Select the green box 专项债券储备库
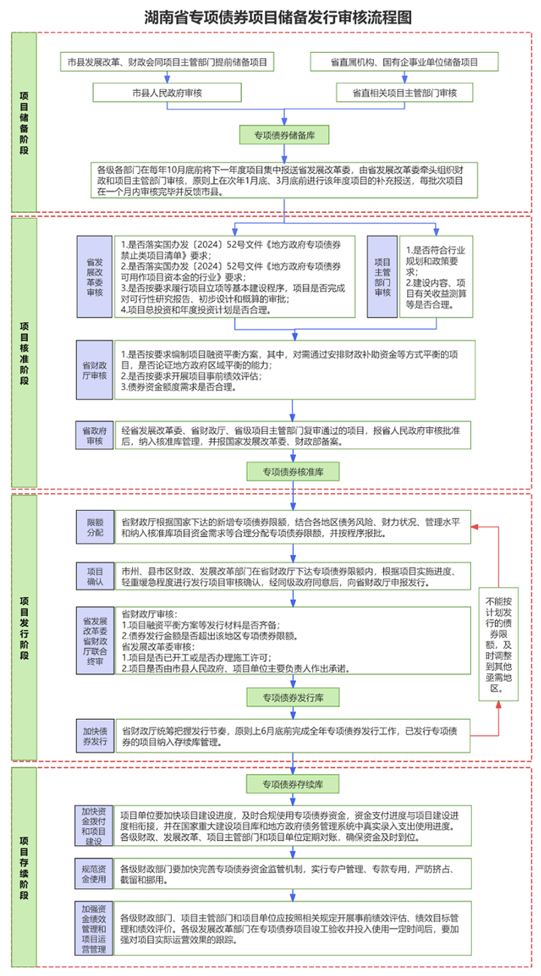[284, 135]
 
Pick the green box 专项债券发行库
[293, 697]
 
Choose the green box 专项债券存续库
[293, 784]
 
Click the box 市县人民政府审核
[167, 93]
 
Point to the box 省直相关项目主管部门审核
[404, 93]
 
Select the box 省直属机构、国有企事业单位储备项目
[404, 62]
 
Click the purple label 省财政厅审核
[95, 371]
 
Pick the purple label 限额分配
[95, 528]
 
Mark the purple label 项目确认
[95, 577]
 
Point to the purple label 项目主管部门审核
[383, 276]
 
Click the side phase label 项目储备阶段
[24, 122]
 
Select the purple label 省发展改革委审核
[95, 276]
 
